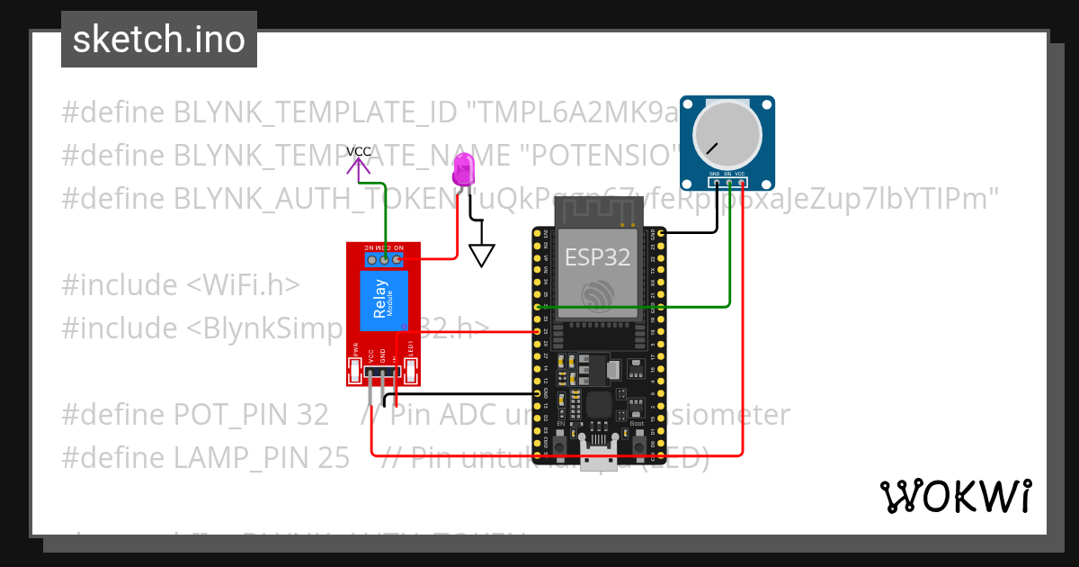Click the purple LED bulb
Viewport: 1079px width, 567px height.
tap(464, 169)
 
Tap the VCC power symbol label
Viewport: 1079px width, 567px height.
tap(359, 151)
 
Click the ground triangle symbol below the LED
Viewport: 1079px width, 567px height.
tap(482, 256)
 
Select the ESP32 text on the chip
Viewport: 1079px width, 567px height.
tap(597, 257)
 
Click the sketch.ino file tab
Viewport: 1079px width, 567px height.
tap(159, 40)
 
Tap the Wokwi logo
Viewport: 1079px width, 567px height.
tap(955, 496)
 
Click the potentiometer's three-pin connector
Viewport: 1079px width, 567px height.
tap(727, 182)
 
